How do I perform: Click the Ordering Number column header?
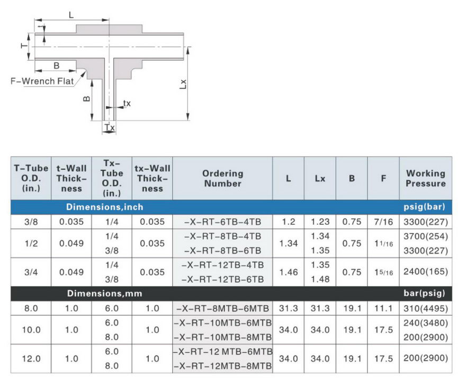click(222, 178)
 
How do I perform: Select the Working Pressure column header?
click(426, 178)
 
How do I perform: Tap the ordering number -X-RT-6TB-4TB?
click(222, 222)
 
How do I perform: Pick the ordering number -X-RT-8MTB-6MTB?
click(222, 308)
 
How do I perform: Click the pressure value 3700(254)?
click(426, 236)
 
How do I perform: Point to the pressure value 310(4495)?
click(426, 308)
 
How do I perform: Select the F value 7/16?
click(383, 222)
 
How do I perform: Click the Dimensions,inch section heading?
click(104, 207)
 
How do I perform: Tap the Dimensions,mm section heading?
click(104, 293)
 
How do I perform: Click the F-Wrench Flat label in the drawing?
click(42, 81)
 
